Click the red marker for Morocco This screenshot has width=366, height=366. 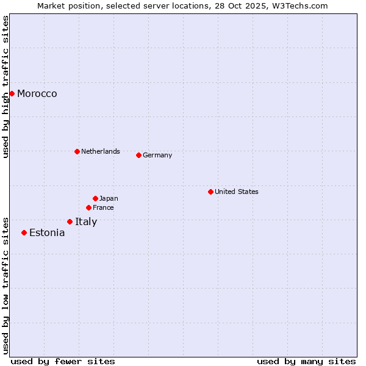coord(12,93)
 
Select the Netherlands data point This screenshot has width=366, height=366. coord(77,151)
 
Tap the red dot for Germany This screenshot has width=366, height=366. coord(138,155)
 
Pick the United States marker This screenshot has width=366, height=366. coord(210,192)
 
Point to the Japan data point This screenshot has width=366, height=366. coord(95,198)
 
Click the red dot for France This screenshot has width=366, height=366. coord(88,207)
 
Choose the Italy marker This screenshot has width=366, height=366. coord(70,221)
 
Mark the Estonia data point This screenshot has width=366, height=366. coord(24,232)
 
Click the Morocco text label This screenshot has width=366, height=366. coord(37,93)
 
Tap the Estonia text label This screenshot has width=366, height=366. coord(47,232)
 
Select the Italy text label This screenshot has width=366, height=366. coord(86,221)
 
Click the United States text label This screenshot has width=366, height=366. coord(237,192)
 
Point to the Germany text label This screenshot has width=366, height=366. coord(157,155)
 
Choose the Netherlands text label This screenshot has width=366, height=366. coord(101,151)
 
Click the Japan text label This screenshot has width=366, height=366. coord(109,198)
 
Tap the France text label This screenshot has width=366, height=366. coord(103,207)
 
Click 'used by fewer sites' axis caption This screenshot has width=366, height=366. coord(63,361)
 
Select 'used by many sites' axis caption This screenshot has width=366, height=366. coord(306,361)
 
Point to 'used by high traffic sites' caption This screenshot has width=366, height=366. coord(6,87)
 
